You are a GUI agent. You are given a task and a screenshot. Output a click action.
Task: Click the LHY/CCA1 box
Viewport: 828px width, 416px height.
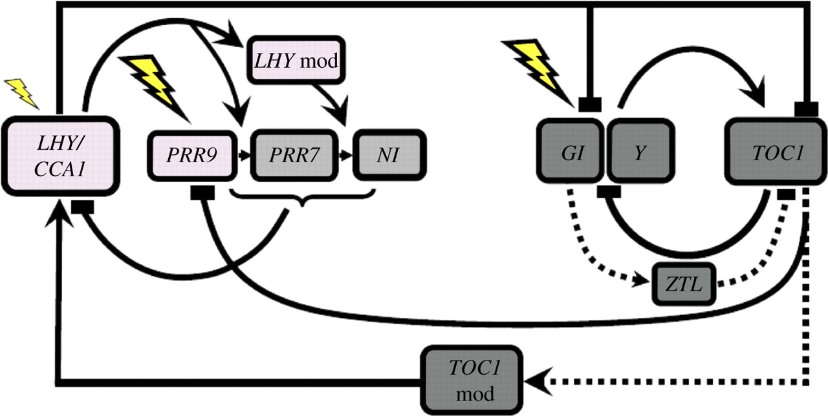[61, 156]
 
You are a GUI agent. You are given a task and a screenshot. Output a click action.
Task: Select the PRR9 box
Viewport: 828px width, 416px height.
[192, 156]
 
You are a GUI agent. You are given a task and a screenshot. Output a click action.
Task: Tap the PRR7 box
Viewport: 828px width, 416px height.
[294, 156]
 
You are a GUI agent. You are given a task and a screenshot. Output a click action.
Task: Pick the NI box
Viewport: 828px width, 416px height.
[389, 156]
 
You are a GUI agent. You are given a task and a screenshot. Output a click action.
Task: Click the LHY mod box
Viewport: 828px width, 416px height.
[296, 60]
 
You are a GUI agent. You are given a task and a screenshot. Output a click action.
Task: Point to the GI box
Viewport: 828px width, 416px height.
[571, 151]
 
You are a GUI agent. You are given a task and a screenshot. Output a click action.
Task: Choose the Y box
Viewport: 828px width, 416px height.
[640, 151]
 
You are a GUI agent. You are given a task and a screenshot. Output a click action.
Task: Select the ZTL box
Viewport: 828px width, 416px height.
[684, 284]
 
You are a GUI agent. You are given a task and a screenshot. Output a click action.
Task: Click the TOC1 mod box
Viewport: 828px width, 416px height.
[472, 380]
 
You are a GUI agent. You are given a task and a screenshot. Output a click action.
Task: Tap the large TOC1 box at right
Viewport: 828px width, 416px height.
[776, 152]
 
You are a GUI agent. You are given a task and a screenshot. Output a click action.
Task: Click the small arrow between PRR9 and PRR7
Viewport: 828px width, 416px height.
[244, 156]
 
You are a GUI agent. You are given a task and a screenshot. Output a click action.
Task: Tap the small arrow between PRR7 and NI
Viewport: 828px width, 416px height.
[346, 156]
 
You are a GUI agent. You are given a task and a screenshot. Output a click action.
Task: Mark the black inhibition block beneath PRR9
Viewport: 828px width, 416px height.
[202, 193]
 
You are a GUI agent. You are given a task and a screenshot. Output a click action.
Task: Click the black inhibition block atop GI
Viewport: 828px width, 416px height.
[590, 105]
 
